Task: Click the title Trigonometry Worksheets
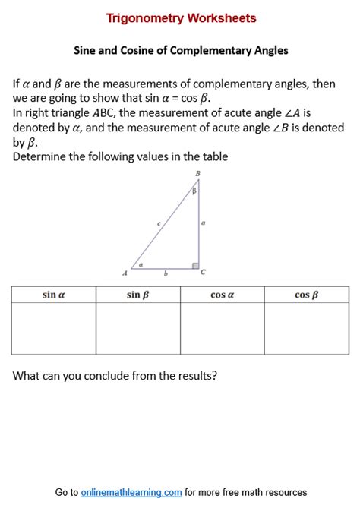(x=181, y=18)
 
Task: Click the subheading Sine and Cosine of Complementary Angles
(x=181, y=51)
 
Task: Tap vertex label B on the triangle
(x=198, y=174)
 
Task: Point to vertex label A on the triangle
(x=125, y=273)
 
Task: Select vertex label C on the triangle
(x=203, y=272)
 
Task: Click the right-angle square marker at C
(x=195, y=265)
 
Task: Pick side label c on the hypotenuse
(x=159, y=223)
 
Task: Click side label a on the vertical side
(x=203, y=223)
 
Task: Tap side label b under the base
(x=166, y=273)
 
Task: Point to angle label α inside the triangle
(x=140, y=265)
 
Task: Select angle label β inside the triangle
(x=194, y=191)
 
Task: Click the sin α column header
(x=53, y=295)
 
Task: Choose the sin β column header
(x=137, y=295)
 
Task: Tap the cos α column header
(x=222, y=295)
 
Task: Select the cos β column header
(x=306, y=295)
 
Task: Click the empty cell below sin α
(x=53, y=328)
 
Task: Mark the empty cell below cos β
(x=306, y=328)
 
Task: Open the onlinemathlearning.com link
(x=131, y=493)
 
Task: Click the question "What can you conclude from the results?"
(x=115, y=375)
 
